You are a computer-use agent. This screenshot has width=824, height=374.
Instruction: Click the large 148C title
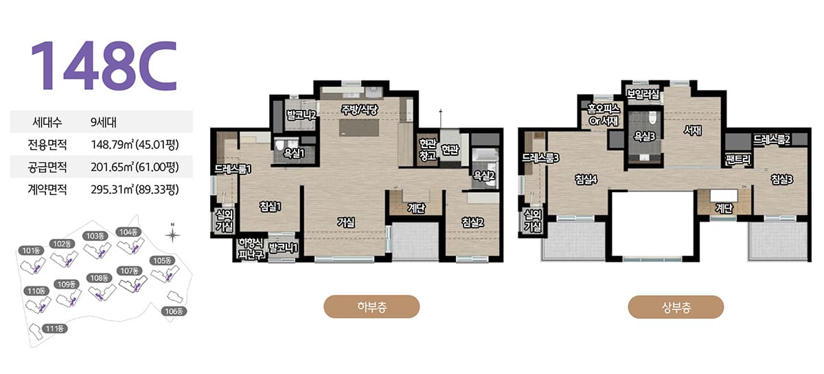104,65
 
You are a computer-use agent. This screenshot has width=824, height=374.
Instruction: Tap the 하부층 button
371,306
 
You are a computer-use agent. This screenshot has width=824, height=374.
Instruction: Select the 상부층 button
676,307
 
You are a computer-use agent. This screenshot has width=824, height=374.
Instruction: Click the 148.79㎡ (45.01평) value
135,145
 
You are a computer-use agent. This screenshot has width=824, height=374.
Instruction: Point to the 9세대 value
104,122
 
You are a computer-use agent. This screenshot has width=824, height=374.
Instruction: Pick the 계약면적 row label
47,189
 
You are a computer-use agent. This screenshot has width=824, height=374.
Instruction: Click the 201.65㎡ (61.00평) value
135,167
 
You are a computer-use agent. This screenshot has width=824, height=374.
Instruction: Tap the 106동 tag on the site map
174,312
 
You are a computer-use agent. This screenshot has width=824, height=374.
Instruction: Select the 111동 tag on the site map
55,329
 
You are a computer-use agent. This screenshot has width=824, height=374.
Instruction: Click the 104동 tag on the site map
128,232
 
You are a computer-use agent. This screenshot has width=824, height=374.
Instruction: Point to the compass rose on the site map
172,234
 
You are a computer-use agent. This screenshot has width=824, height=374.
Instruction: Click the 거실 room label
346,222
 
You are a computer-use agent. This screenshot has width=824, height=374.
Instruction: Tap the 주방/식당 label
359,109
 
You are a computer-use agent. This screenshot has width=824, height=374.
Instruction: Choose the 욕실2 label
483,176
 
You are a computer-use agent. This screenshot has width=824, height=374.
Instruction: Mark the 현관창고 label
427,150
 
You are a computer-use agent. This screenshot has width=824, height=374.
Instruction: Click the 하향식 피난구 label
251,248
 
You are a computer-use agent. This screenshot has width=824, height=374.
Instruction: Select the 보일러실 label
643,95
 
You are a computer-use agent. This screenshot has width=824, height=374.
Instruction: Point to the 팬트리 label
738,160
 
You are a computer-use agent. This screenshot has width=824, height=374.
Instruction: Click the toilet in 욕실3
652,117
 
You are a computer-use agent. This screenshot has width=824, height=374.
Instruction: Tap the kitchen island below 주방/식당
359,128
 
